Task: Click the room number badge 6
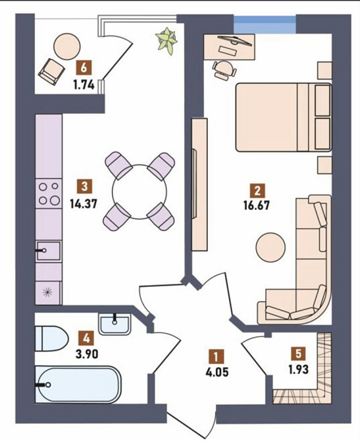84,68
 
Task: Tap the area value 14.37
84,204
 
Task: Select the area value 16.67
257,205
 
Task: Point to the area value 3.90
87,353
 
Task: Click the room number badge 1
216,357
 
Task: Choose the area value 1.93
298,369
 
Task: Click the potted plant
167,41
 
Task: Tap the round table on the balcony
67,47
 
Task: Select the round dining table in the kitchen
140,192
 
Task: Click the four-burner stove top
49,194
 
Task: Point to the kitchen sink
48,250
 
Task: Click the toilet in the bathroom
52,338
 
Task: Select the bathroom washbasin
115,324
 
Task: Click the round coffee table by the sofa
270,247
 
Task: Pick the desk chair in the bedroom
224,70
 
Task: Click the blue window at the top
265,25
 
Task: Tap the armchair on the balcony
51,71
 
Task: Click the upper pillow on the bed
322,101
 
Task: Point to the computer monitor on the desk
234,41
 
